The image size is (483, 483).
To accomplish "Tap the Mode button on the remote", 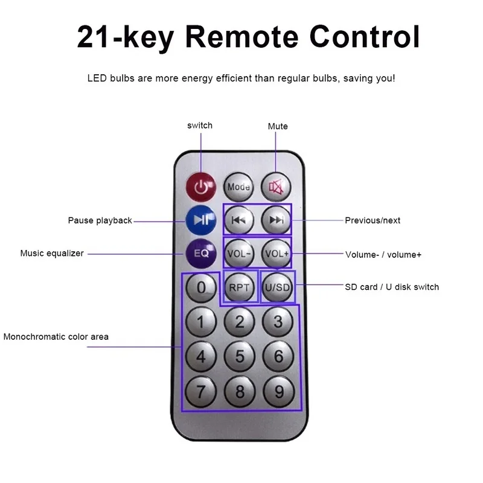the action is coord(238,187).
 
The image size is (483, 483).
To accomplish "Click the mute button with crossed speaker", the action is coord(276,187).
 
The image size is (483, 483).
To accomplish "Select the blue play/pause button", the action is coord(201,220).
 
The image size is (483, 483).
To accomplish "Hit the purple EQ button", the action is coord(201,254).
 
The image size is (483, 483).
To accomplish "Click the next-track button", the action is coord(276,220).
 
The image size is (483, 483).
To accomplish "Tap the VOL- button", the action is coord(239,254).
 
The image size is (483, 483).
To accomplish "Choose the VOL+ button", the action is coord(277,254).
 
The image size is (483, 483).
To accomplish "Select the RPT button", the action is coord(239,287).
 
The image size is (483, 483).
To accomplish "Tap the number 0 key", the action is coord(201,288).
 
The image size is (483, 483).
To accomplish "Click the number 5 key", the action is coord(240,356).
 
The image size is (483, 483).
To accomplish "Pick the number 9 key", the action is coord(279,392).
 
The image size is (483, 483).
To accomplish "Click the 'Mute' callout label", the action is coord(278,126).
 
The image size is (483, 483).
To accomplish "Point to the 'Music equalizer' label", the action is coord(52,254).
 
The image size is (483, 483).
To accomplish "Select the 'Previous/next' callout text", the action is coord(373,220).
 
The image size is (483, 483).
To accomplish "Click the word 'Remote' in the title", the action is coord(242,37).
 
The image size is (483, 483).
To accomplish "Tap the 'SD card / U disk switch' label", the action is coord(392,287).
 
